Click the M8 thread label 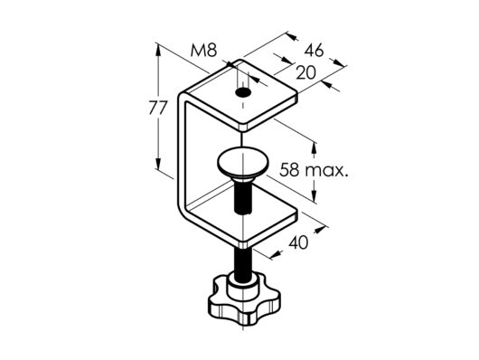(x=203, y=51)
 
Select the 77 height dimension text (x=158, y=108)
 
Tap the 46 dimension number (x=314, y=51)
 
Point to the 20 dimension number (x=305, y=72)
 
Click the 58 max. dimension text (x=314, y=170)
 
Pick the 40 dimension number (x=298, y=243)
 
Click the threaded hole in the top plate (x=243, y=92)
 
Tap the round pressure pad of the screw (x=243, y=164)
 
